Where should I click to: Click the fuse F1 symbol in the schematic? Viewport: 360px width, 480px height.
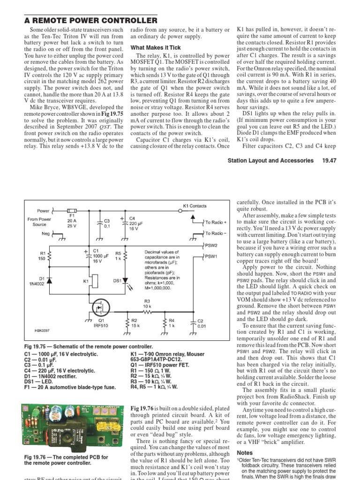72,211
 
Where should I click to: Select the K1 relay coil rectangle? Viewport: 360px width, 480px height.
94,281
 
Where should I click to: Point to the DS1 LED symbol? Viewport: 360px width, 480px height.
125,281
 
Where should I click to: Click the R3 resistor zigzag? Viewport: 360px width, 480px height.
147,310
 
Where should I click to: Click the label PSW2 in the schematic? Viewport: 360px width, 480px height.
211,245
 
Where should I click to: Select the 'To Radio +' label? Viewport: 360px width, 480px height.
216,222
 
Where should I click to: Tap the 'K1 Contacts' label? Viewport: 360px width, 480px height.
194,206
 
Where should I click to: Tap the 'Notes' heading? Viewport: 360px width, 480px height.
244,453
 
